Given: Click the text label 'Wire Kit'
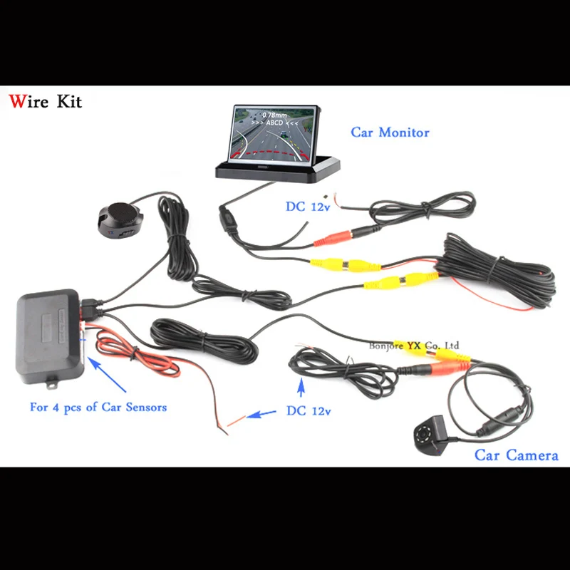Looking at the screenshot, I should pyautogui.click(x=46, y=101).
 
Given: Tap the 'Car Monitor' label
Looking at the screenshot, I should pyautogui.click(x=389, y=132).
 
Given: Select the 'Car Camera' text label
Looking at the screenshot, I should pyautogui.click(x=517, y=455).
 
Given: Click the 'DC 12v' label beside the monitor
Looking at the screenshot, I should pyautogui.click(x=309, y=207).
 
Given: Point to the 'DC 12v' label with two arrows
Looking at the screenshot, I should pyautogui.click(x=309, y=411).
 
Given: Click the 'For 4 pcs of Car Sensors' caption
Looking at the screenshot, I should pyautogui.click(x=98, y=408).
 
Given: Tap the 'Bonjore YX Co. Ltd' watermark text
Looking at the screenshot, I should pyautogui.click(x=414, y=346).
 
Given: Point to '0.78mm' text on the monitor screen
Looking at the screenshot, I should pyautogui.click(x=274, y=114).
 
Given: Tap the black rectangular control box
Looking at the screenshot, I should pyautogui.click(x=50, y=331).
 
